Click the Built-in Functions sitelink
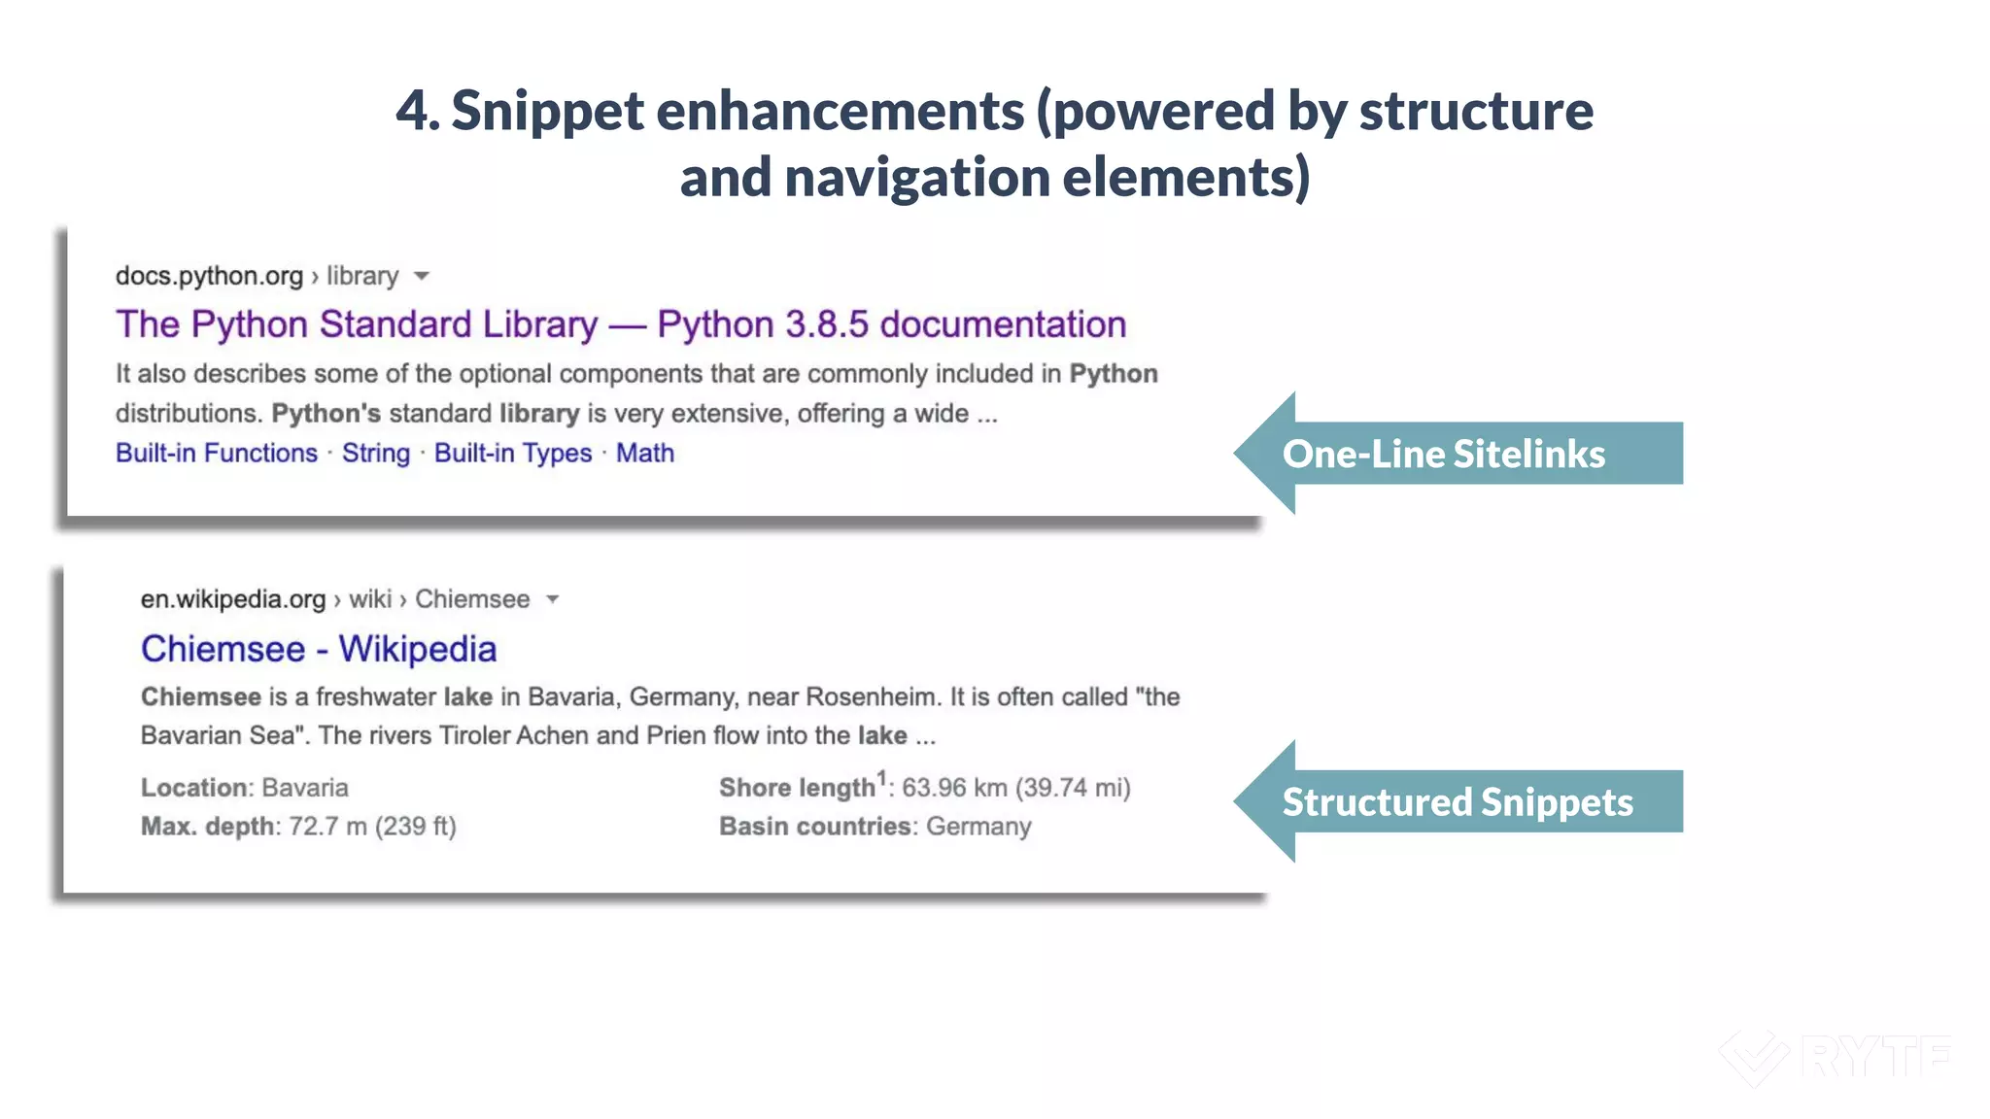point(217,454)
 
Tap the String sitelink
point(376,454)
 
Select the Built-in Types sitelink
point(513,454)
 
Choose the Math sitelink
point(645,454)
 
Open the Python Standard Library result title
point(621,324)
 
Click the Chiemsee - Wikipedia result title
point(319,649)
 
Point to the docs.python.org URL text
point(209,276)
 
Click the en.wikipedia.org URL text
point(233,599)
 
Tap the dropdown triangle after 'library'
point(422,277)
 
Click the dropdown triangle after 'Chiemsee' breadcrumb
point(553,599)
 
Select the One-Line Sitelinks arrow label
point(1444,454)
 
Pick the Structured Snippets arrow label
point(1458,802)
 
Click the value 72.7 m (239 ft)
point(372,827)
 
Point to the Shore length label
point(797,788)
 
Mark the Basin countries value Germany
point(978,827)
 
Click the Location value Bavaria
point(305,788)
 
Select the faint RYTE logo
point(1836,1057)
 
